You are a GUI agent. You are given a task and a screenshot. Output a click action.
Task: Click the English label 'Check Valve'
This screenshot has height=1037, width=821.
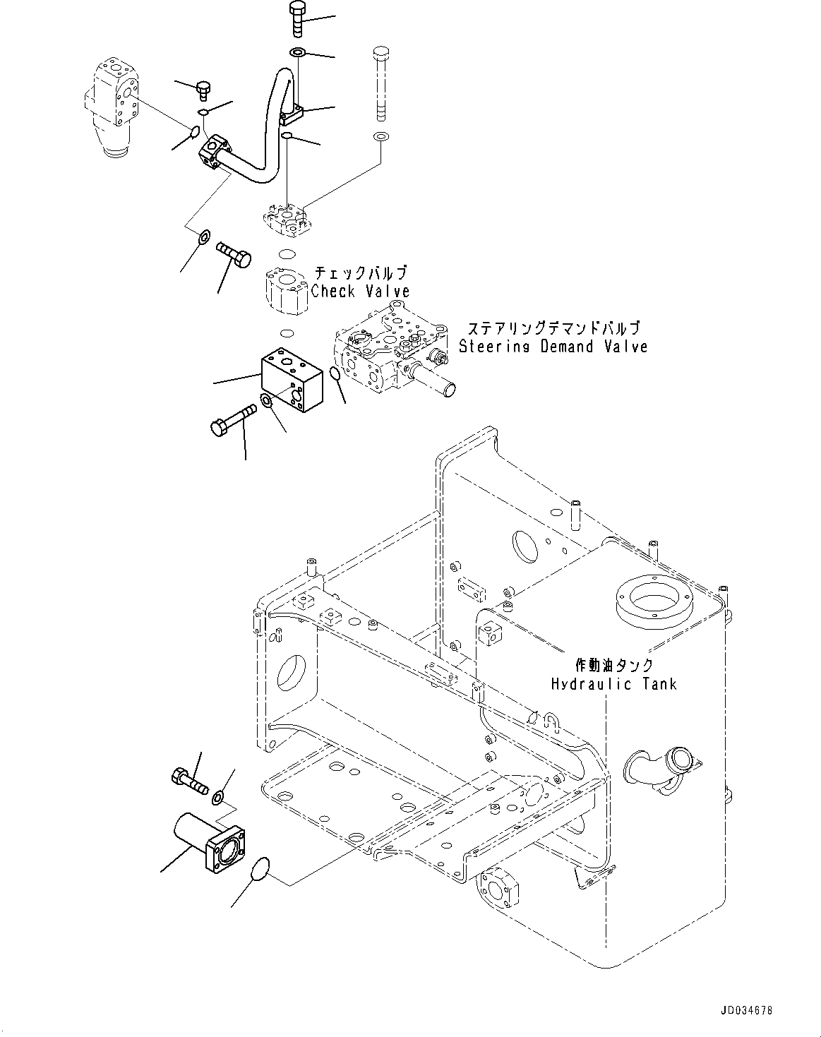point(360,291)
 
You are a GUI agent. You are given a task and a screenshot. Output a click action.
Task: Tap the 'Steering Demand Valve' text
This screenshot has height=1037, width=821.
point(553,347)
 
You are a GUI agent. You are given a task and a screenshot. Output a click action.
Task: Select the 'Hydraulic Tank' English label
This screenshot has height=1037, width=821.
point(613,683)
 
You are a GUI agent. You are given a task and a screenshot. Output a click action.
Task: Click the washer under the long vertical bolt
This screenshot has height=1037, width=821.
point(380,136)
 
